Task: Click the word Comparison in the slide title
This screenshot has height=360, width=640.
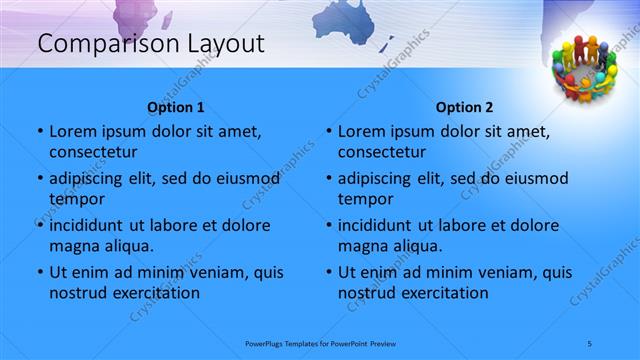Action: [x=97, y=43]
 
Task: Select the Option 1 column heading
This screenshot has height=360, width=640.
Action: [x=176, y=107]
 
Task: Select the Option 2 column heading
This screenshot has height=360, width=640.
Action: [x=464, y=107]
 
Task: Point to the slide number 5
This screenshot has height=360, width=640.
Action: [x=590, y=343]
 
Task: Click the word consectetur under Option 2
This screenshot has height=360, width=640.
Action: [x=382, y=152]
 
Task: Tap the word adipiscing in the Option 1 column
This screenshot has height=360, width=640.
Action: [x=92, y=179]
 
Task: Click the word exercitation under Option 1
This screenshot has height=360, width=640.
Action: [x=153, y=293]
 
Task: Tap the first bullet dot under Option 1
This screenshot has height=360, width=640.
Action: [x=39, y=132]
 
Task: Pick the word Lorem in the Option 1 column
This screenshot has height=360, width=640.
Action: [x=72, y=131]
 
